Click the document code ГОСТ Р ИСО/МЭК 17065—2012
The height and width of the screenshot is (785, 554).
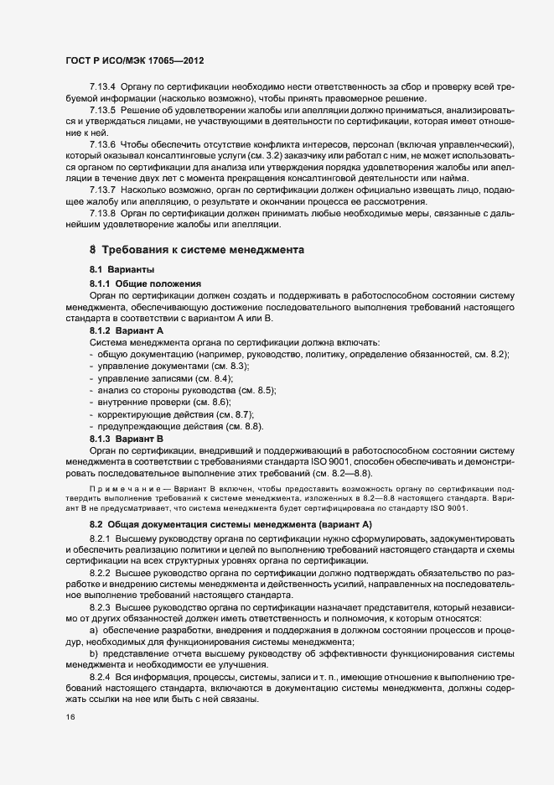134,61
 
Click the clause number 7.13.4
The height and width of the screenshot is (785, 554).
102,87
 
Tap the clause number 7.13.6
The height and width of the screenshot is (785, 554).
102,145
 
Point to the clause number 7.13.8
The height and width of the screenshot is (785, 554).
102,214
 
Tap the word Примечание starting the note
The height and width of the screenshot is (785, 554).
120,486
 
